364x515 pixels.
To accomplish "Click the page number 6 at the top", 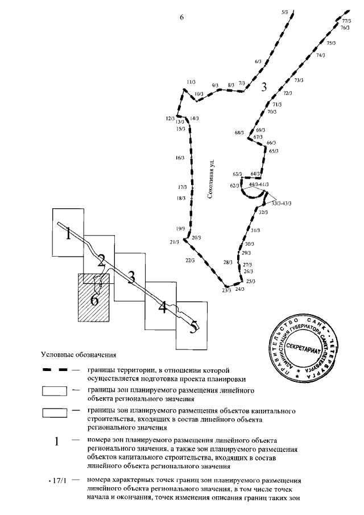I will (x=181, y=18).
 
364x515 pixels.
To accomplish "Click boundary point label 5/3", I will (x=285, y=11).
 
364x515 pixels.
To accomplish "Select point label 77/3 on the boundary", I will (x=345, y=20).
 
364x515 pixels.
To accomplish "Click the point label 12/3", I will (x=170, y=118).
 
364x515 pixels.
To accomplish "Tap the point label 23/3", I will (x=226, y=290).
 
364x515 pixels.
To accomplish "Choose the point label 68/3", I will (x=239, y=133).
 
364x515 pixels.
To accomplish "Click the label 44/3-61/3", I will (x=259, y=185).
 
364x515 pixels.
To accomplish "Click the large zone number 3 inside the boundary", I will (x=263, y=87).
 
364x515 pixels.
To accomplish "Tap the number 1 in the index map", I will (x=68, y=233).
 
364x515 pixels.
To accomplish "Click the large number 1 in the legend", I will (x=56, y=442).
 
